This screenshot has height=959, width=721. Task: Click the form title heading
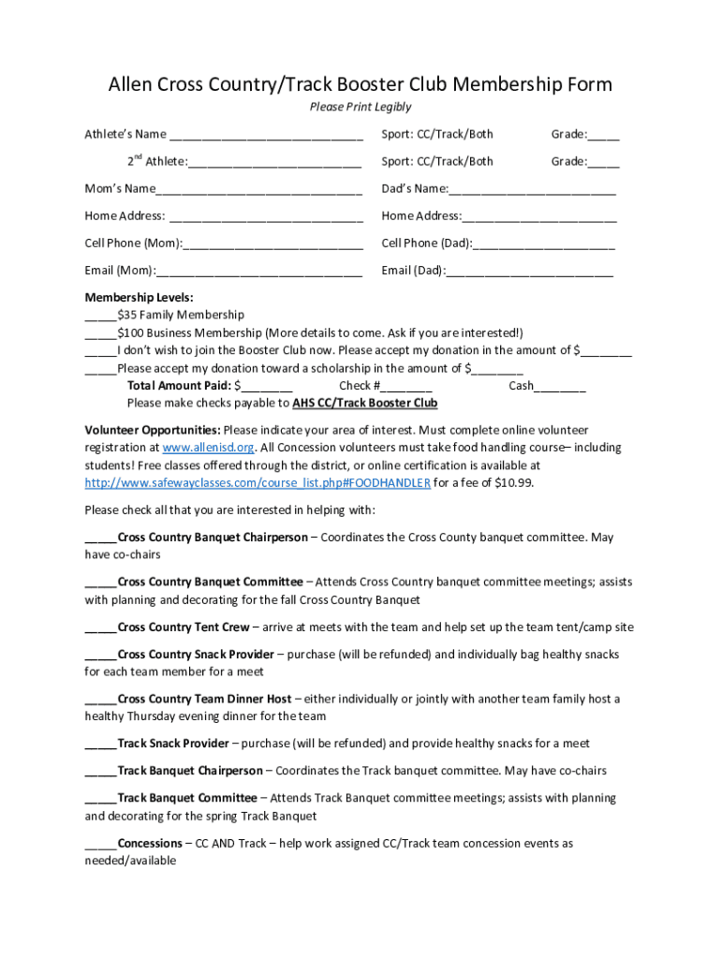point(360,84)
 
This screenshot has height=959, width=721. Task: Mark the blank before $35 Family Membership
point(100,317)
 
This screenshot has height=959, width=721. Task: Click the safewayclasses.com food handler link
point(257,483)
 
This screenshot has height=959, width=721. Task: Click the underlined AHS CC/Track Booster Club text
point(365,404)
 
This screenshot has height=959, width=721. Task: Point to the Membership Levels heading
point(126,298)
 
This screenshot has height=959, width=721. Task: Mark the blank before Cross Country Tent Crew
point(100,628)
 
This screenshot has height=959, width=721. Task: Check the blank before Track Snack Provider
point(100,745)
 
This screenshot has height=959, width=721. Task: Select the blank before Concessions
point(100,845)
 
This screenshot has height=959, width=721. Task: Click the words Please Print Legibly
point(360,107)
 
